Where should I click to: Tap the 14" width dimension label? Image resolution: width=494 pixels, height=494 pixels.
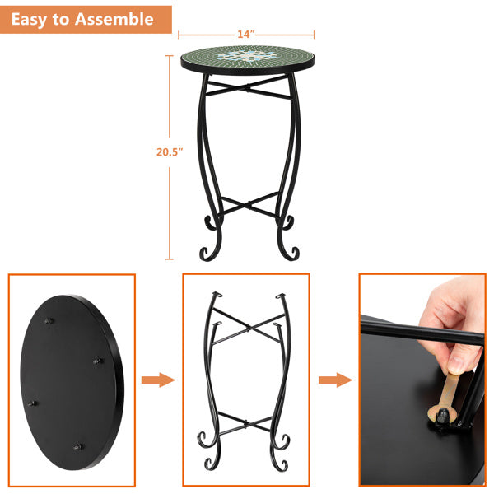[245, 34]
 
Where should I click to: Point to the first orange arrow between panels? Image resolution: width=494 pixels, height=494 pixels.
[157, 380]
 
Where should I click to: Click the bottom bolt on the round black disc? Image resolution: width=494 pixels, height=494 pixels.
[78, 447]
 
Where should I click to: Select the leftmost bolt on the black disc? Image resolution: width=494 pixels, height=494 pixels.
[34, 403]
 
